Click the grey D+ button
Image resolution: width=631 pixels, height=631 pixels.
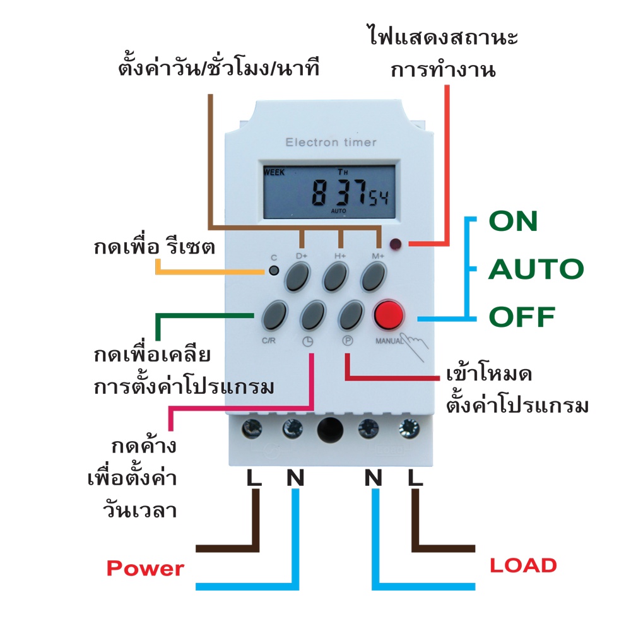(298, 276)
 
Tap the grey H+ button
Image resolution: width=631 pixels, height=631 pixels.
(336, 276)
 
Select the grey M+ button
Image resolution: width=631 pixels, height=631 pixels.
(373, 276)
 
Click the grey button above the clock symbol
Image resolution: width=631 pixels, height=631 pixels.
(313, 315)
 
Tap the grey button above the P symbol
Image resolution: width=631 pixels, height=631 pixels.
(351, 315)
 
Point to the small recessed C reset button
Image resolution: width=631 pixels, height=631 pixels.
(274, 271)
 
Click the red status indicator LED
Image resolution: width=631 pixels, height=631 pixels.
(395, 244)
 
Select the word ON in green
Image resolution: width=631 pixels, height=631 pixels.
(513, 221)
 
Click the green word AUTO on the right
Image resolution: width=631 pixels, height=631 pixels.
(536, 269)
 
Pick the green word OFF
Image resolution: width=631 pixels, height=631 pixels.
(522, 317)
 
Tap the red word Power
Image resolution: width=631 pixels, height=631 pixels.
(145, 569)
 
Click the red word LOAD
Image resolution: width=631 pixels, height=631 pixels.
(523, 565)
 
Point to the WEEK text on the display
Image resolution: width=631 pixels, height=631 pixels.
(274, 172)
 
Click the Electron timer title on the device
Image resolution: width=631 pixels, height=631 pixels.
(331, 142)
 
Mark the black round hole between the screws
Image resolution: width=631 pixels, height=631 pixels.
(330, 429)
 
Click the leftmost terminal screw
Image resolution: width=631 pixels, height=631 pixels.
(252, 428)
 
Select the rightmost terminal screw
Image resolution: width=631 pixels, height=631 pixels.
(409, 428)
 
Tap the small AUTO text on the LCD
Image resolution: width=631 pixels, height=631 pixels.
(338, 211)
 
